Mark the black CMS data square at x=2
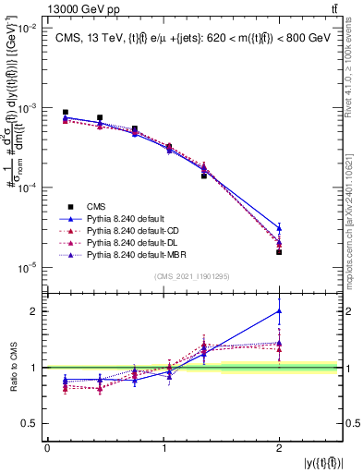click(x=279, y=251)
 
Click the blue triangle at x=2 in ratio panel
click(x=279, y=311)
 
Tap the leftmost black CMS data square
click(x=65, y=113)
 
